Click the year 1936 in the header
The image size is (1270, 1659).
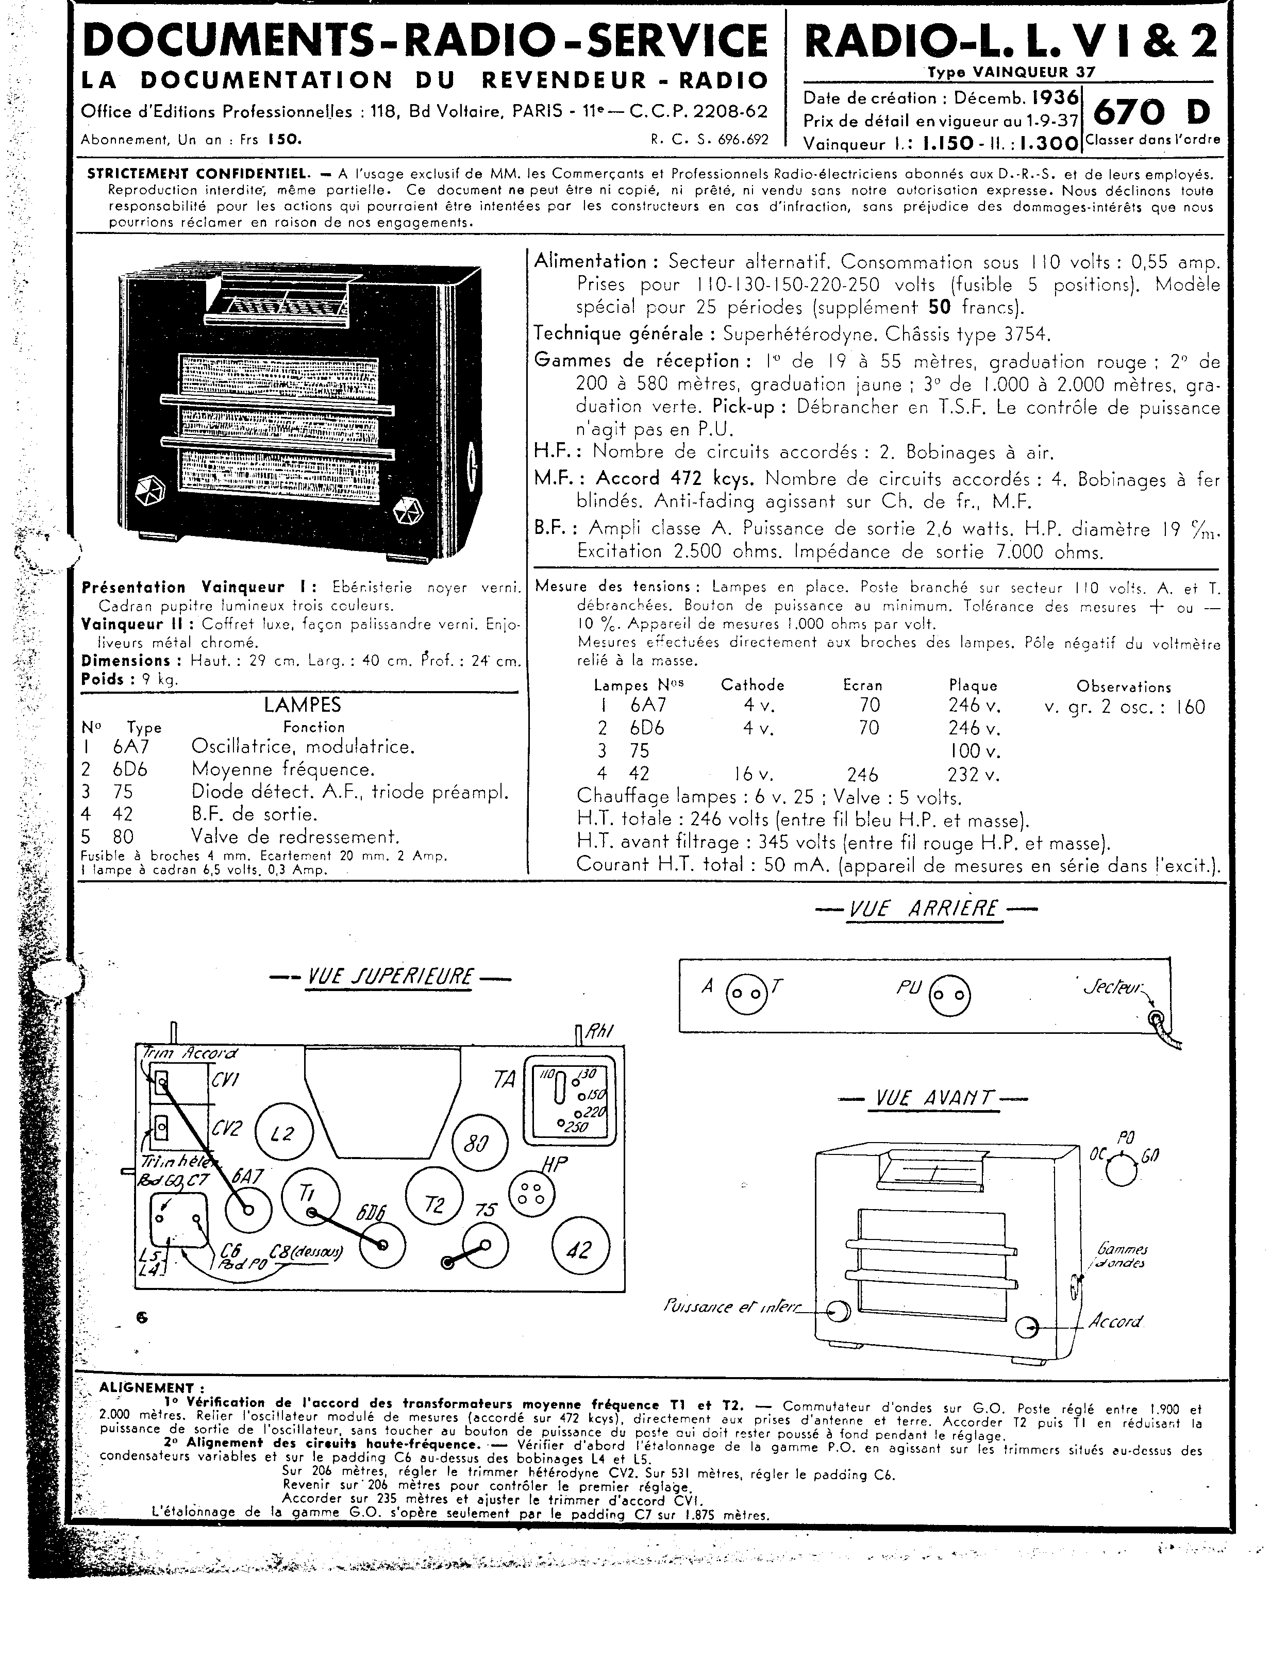point(1055,97)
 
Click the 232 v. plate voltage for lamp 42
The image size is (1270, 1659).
point(975,774)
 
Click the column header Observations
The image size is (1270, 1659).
point(1123,687)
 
